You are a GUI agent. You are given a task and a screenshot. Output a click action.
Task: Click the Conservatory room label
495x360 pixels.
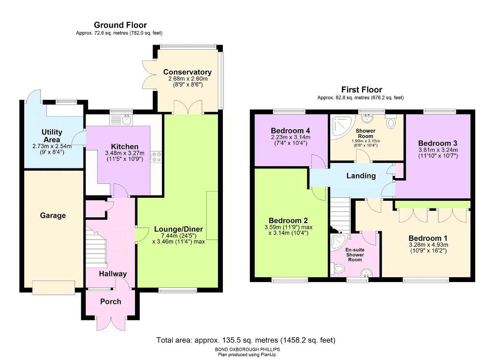pos(187,72)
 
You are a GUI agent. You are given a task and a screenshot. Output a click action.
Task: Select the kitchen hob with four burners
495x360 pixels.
pos(156,157)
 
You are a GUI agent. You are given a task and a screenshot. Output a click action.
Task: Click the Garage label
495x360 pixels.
pos(53,215)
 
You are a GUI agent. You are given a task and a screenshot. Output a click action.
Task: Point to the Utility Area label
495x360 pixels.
pos(52,136)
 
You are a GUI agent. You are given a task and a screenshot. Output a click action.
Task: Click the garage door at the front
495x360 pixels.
pos(54,287)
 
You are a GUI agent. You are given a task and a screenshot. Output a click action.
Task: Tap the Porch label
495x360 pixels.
pos(111,301)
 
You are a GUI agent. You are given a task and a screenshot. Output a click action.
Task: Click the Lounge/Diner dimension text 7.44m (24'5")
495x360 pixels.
pos(178,236)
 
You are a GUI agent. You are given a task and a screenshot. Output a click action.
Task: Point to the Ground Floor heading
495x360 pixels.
pos(120,25)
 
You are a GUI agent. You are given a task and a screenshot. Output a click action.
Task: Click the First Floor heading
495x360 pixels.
pos(362,90)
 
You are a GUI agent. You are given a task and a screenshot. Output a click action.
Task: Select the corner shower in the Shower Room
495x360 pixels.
pos(342,127)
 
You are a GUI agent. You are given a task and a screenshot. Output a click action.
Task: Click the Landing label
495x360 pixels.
pos(361,176)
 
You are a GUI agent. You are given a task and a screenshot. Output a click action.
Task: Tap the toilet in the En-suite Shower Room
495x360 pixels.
pos(337,269)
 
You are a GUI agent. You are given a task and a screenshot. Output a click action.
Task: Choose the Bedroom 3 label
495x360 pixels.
pos(437,143)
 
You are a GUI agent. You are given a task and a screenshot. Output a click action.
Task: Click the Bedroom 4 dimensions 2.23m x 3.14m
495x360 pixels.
pos(291,137)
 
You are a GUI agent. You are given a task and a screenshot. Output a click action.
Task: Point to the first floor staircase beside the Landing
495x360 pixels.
pos(340,214)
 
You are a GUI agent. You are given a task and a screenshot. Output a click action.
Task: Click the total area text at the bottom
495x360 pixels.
pos(246,340)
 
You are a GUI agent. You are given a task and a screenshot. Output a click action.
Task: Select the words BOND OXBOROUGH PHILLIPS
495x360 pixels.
pos(247,349)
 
